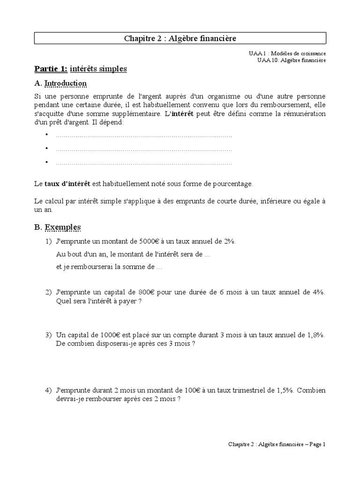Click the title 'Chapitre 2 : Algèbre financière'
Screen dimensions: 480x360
click(x=180, y=38)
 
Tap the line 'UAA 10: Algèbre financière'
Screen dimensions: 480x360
click(x=291, y=60)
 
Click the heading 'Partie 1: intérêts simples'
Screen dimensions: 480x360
click(x=81, y=69)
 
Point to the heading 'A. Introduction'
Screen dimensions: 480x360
click(x=60, y=83)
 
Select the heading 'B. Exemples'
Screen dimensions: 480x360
click(x=58, y=227)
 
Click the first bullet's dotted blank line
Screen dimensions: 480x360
click(x=144, y=135)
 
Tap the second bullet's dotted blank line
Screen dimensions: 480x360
click(x=144, y=149)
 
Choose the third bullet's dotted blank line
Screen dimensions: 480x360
click(x=144, y=163)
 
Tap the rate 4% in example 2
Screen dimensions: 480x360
click(x=318, y=292)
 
